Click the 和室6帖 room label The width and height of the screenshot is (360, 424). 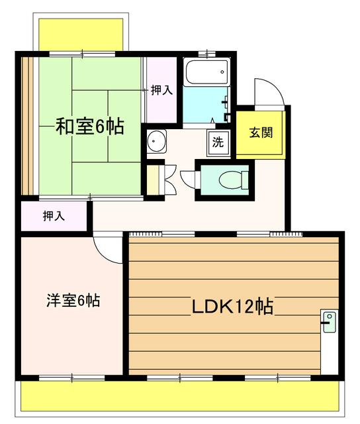click(x=89, y=127)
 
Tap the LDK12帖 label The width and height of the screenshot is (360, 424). click(x=233, y=307)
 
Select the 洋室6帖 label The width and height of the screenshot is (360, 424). click(x=73, y=301)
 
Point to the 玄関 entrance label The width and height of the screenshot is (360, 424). click(x=261, y=131)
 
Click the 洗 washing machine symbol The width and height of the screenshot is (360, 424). click(x=217, y=141)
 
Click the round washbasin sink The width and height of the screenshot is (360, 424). click(x=157, y=141)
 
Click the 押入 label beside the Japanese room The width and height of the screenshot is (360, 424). click(x=161, y=90)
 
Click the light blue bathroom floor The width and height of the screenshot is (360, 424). click(x=205, y=106)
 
